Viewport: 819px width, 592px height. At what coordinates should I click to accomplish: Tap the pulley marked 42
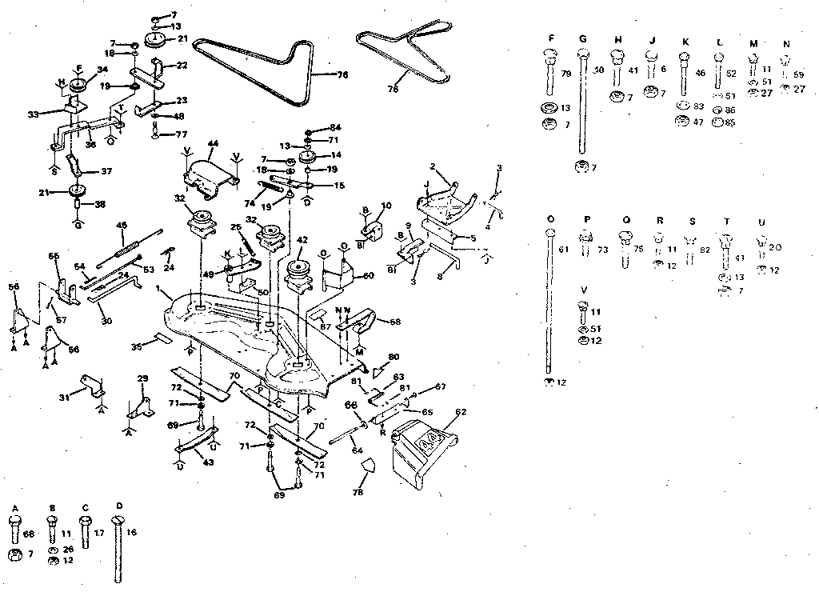pos(302,272)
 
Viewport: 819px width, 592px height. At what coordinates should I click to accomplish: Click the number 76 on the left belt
pos(342,74)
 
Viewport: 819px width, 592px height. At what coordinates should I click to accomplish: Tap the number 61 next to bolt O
pos(563,249)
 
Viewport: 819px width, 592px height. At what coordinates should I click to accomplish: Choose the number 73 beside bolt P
pos(601,250)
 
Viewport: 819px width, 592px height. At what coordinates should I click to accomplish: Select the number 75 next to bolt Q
pos(639,249)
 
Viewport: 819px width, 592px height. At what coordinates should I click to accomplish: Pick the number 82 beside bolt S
pos(704,250)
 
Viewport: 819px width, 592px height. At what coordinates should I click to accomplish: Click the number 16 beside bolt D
pos(132,531)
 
